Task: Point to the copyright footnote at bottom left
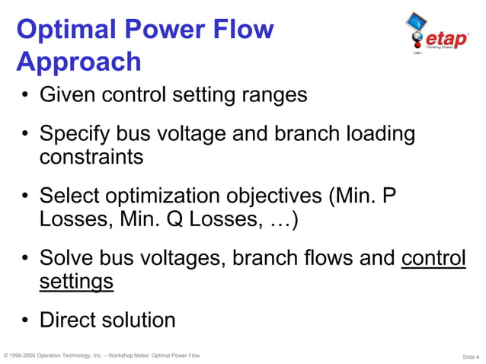coord(102,356)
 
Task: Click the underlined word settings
coord(76,283)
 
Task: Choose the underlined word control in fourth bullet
coord(433,258)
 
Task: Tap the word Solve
coord(69,258)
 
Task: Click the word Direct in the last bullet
coord(66,320)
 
